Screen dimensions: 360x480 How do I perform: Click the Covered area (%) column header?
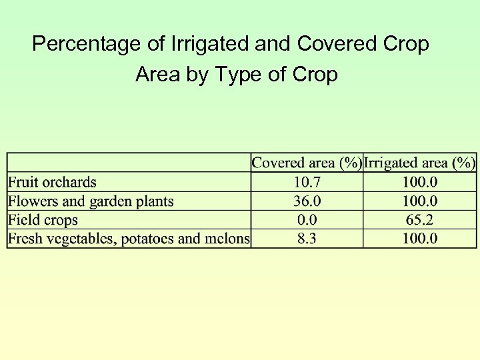pyautogui.click(x=307, y=163)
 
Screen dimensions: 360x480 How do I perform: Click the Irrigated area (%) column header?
pyautogui.click(x=420, y=163)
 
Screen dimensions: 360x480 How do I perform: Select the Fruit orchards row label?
pyautogui.click(x=52, y=182)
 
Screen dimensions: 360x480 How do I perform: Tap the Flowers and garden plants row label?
pyautogui.click(x=91, y=201)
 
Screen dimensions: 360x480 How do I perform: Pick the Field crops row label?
pyautogui.click(x=43, y=220)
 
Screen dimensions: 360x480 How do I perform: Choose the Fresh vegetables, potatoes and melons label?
pyautogui.click(x=129, y=239)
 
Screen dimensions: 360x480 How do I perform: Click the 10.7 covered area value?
pyautogui.click(x=307, y=182)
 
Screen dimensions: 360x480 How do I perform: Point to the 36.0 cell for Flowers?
pyautogui.click(x=307, y=201)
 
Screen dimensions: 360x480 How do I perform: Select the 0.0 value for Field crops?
pyautogui.click(x=307, y=220)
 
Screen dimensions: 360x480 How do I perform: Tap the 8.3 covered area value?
pyautogui.click(x=307, y=239)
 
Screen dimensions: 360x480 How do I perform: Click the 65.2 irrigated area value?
pyautogui.click(x=420, y=220)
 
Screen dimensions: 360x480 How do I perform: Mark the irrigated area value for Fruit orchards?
pyautogui.click(x=420, y=182)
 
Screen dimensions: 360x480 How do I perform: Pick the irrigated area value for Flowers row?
pyautogui.click(x=420, y=201)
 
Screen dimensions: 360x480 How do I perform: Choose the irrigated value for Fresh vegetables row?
pyautogui.click(x=420, y=239)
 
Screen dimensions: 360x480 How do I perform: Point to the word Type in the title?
pyautogui.click(x=239, y=75)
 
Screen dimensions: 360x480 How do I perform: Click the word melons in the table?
pyautogui.click(x=228, y=239)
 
